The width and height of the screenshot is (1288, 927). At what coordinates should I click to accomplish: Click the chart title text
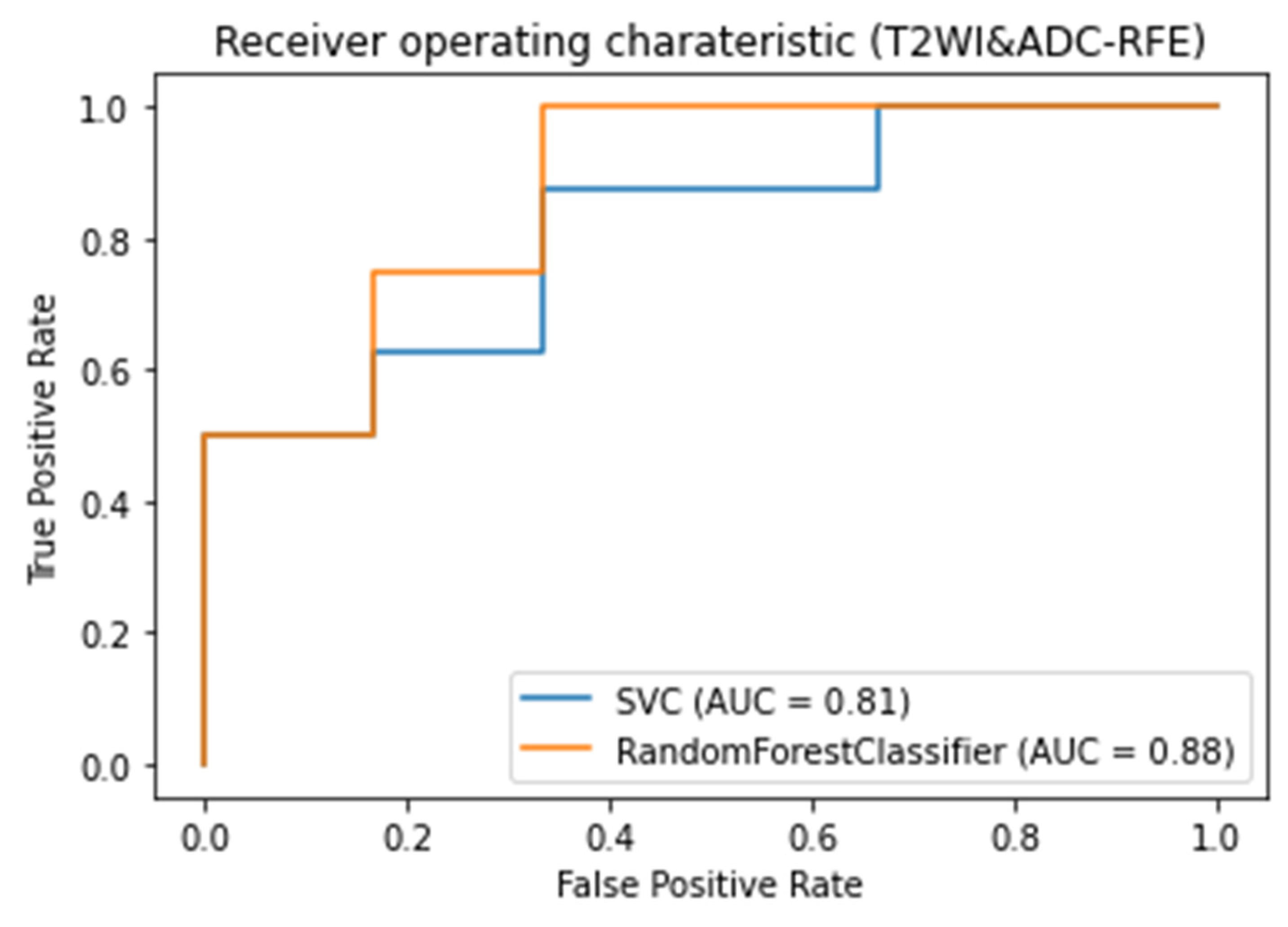[710, 43]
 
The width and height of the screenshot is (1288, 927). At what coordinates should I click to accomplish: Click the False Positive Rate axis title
[710, 885]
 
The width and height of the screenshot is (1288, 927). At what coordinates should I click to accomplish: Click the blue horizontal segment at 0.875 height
[710, 189]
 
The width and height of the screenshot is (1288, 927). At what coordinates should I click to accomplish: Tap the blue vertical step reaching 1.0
[878, 148]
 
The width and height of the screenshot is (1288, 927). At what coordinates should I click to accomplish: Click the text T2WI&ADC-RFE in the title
[1037, 43]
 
